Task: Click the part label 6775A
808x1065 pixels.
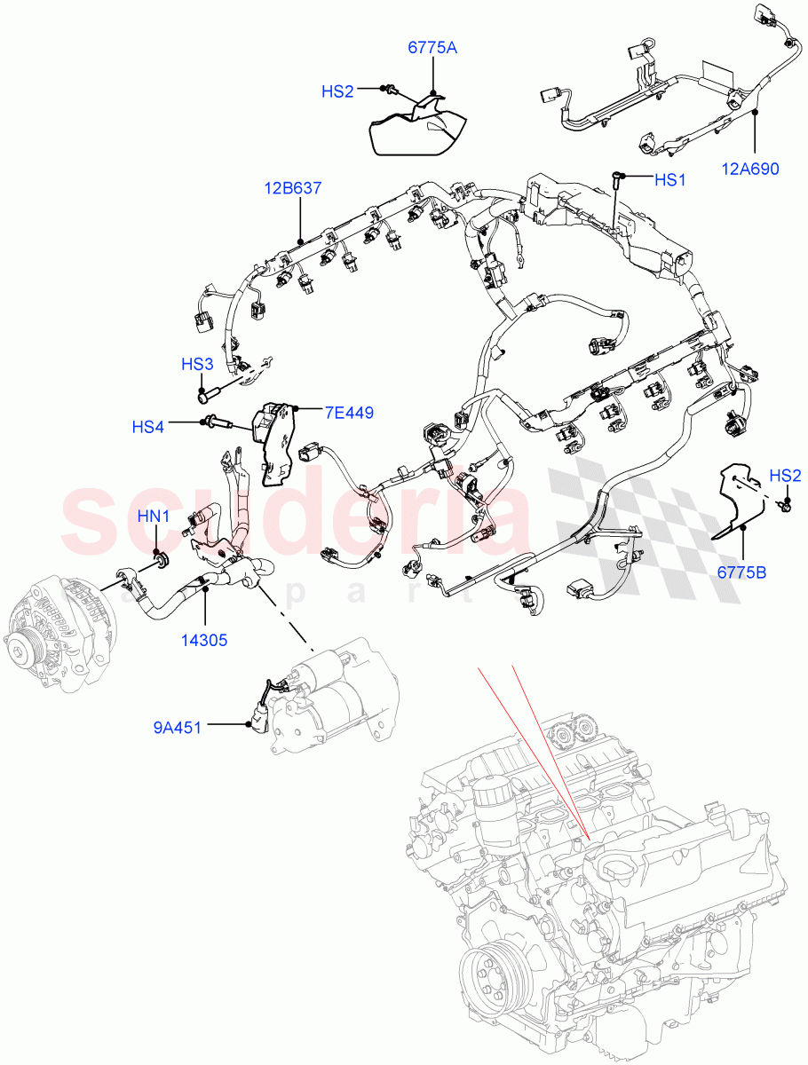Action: pyautogui.click(x=432, y=48)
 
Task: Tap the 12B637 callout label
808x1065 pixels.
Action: pyautogui.click(x=292, y=188)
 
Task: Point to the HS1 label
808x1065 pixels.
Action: pyautogui.click(x=670, y=180)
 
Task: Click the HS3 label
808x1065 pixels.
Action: pyautogui.click(x=197, y=365)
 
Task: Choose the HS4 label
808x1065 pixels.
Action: pyautogui.click(x=148, y=427)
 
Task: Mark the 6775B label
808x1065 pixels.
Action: pyautogui.click(x=742, y=572)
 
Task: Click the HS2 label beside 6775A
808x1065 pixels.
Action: pyautogui.click(x=337, y=91)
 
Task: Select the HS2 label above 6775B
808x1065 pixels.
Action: pyautogui.click(x=785, y=477)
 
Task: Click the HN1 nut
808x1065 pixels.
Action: pyautogui.click(x=161, y=562)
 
